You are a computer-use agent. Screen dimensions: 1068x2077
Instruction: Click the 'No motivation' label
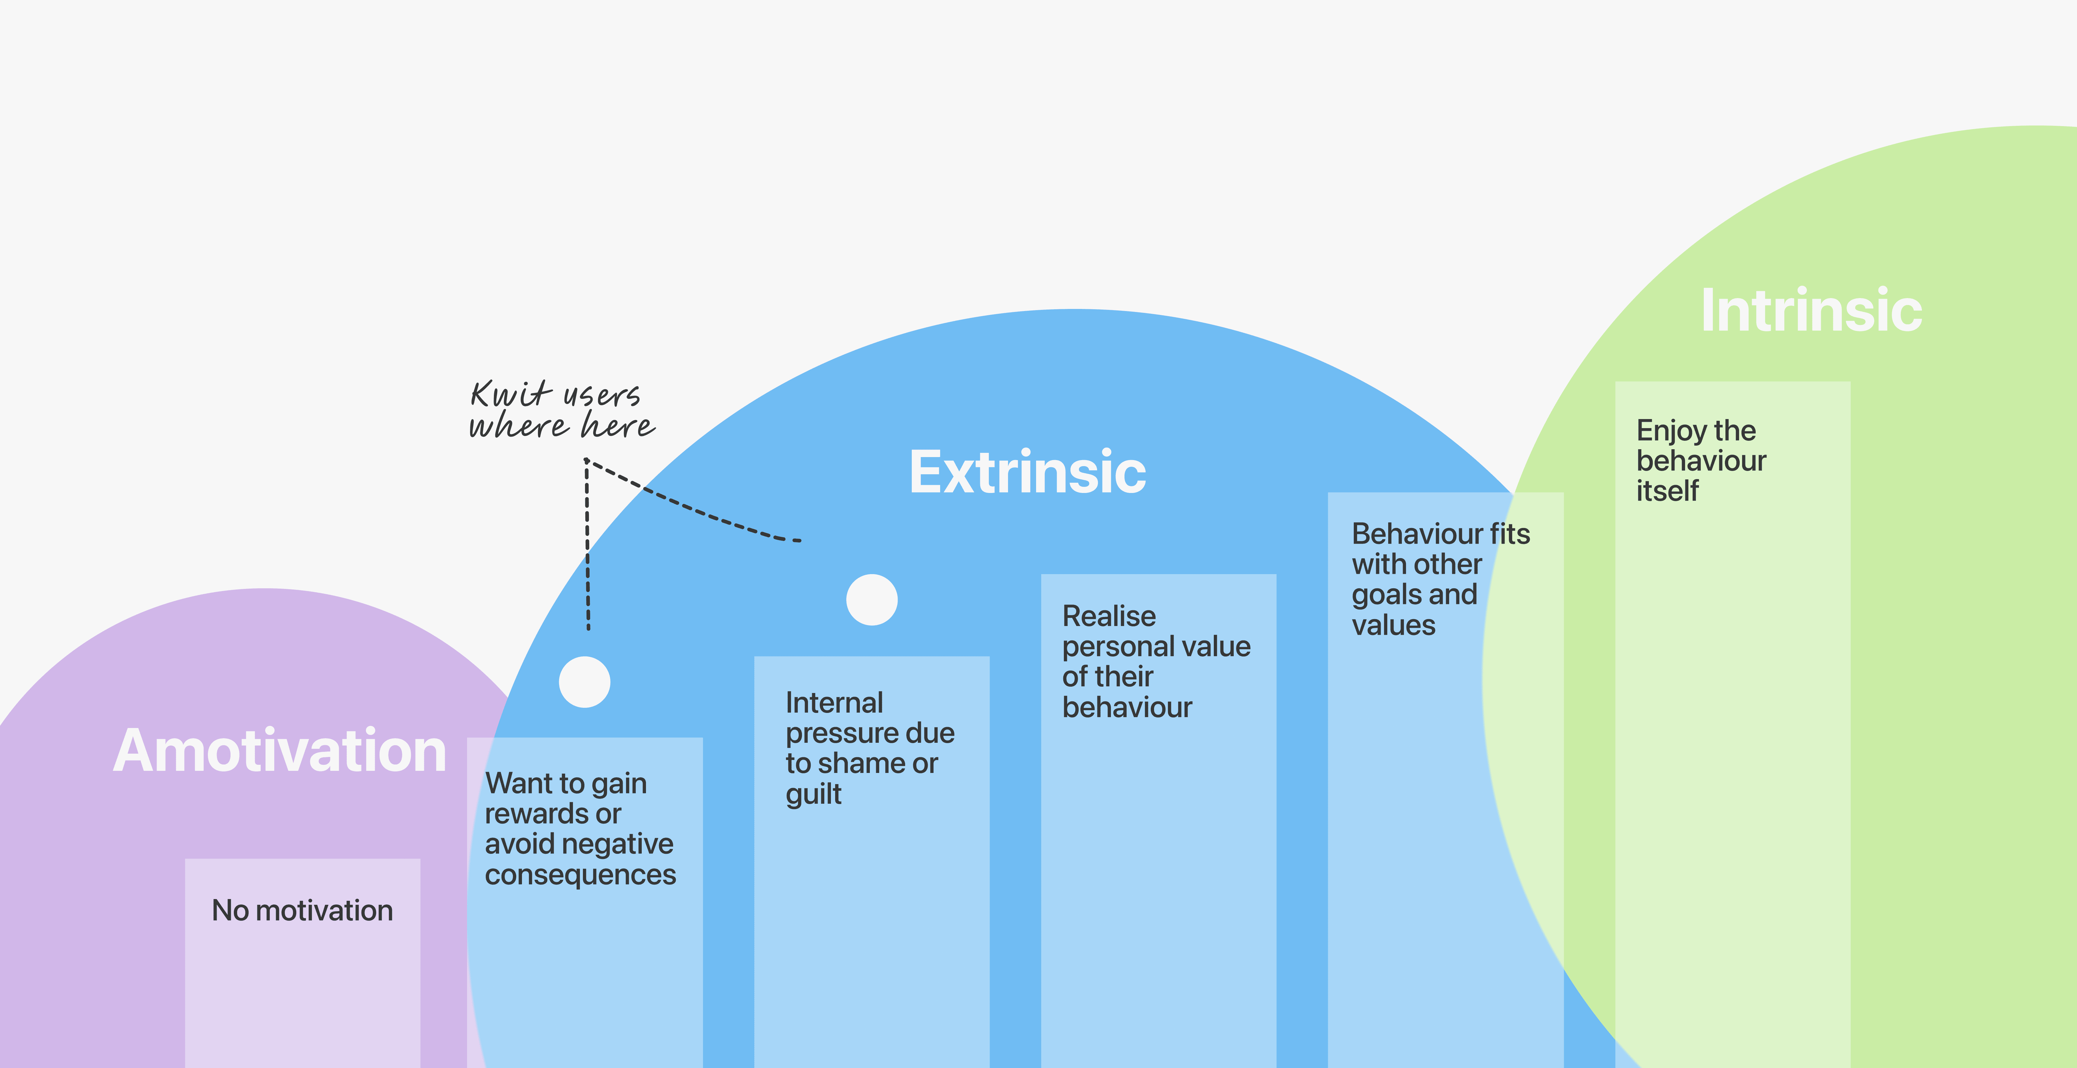302,911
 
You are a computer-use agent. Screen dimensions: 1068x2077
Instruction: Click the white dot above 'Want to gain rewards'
584,682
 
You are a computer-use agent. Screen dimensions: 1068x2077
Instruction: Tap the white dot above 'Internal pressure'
872,600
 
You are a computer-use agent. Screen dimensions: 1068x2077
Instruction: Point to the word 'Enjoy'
1671,431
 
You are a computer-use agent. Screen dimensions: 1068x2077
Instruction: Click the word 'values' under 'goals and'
1393,625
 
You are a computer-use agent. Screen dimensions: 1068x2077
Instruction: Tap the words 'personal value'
1156,647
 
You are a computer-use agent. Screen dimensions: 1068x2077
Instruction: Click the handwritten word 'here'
619,426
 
